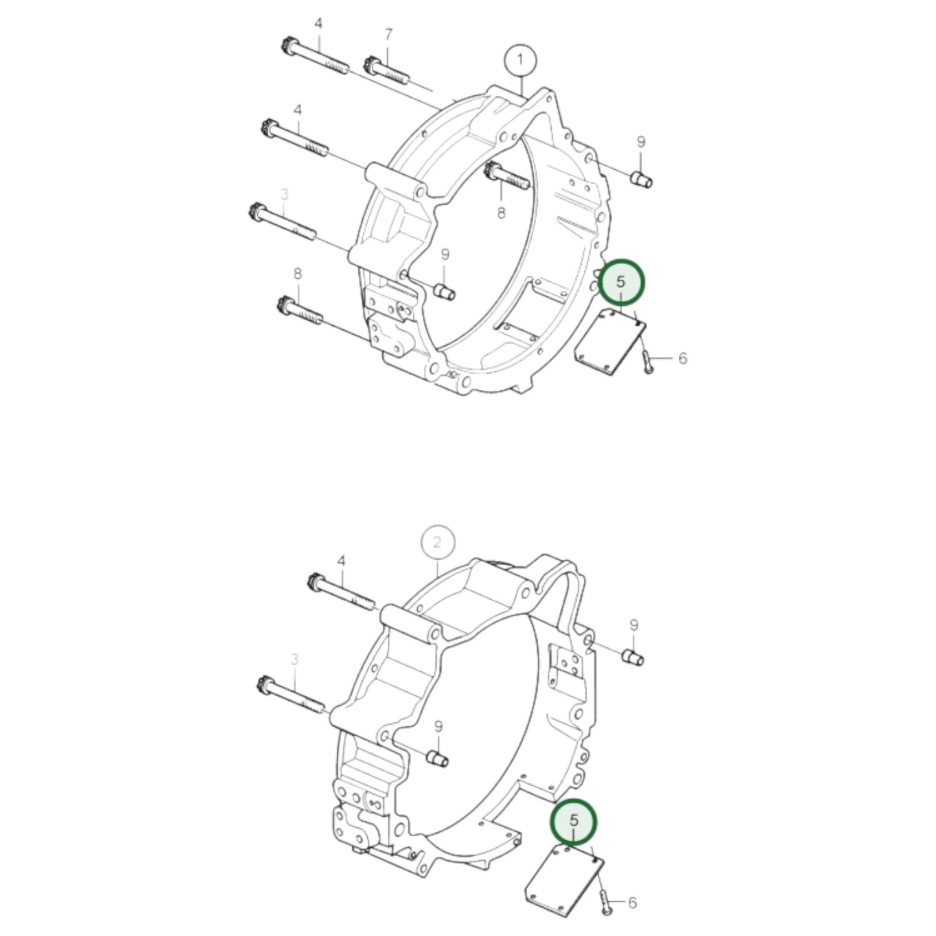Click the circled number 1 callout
(x=521, y=61)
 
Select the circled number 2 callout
(x=438, y=542)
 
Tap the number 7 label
(x=388, y=34)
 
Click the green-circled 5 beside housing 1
(x=621, y=282)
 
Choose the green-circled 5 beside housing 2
(x=573, y=821)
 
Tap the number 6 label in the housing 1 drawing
(x=682, y=358)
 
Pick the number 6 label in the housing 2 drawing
(x=632, y=902)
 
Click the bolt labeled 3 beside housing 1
(x=281, y=221)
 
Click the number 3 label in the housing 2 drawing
(x=295, y=659)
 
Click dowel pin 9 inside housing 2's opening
(x=439, y=757)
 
